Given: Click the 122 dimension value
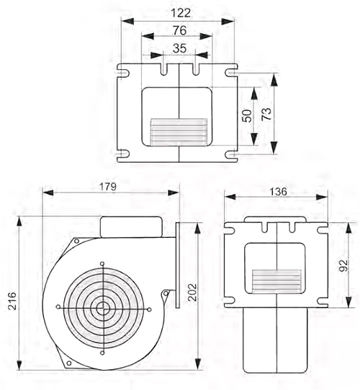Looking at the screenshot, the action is pos(181,13).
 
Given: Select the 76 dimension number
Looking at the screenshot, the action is pos(179,30).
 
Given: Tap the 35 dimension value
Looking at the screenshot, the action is pos(179,48).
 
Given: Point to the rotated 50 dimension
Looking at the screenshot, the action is pos(247,116).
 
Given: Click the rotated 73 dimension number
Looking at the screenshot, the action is pos(266,114).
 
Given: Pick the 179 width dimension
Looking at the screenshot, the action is pos(108,186).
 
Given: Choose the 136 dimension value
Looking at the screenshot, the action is pos(278,192).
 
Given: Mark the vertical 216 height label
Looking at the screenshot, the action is pos(12,301).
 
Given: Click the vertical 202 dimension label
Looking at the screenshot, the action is pos(192,293).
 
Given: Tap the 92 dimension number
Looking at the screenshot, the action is pos(344,265).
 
